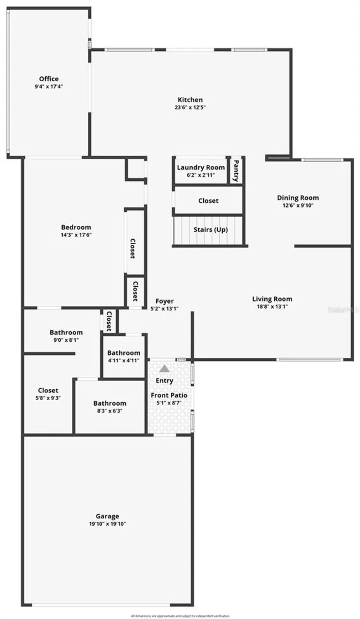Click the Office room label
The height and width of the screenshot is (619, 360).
[x=49, y=79]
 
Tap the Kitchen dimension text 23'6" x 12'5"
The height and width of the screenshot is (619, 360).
[x=190, y=107]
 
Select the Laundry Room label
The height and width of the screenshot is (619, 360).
[x=201, y=168]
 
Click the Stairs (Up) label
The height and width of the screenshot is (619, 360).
[x=210, y=229]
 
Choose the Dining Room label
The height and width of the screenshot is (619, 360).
[x=298, y=198]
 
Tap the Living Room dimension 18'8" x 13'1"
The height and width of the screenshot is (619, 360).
[x=272, y=307]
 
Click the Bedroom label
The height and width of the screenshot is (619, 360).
[x=76, y=227]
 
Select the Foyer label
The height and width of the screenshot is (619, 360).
[x=165, y=301]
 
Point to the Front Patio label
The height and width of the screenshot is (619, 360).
[x=169, y=395]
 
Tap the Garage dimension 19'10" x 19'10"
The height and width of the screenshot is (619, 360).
[x=107, y=524]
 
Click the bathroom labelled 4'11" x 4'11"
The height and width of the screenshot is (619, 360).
[x=124, y=353]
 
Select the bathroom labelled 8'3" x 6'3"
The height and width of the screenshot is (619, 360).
[x=110, y=403]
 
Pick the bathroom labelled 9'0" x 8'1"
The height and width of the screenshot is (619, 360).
[x=66, y=332]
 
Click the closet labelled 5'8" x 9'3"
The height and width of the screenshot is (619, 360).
[x=48, y=390]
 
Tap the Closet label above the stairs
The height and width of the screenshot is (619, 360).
[x=208, y=201]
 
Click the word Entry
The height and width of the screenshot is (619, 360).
[x=164, y=380]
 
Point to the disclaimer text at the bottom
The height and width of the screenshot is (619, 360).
[x=180, y=616]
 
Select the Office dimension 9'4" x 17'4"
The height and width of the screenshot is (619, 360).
[x=49, y=87]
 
